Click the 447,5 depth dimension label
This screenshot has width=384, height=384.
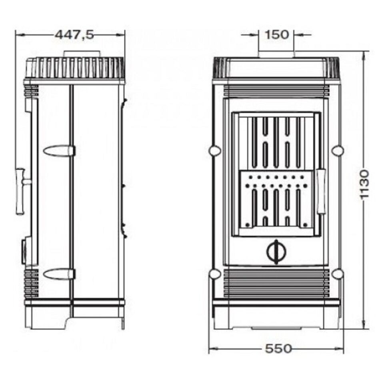tap(74, 35)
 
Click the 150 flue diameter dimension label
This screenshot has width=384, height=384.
tap(276, 34)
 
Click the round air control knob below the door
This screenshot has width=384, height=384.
tap(276, 251)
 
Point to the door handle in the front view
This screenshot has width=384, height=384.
tap(321, 191)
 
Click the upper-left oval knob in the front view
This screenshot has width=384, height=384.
tap(215, 150)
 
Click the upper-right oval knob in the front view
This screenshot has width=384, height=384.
tap(338, 150)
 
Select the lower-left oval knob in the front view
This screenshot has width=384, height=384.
tap(215, 274)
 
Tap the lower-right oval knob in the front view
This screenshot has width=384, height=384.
tap(338, 274)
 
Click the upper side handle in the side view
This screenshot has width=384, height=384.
tap(59, 151)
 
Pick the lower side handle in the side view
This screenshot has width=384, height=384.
tap(59, 274)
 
